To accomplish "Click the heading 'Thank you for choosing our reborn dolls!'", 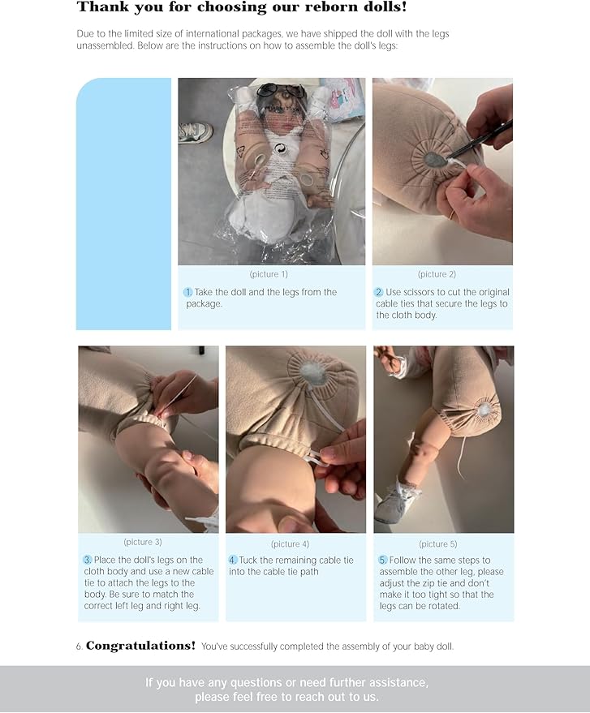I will [241, 8].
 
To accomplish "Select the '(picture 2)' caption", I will [437, 274].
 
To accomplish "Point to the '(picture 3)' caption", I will [143, 542].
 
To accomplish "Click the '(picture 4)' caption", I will [290, 543].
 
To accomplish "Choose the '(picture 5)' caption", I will [437, 543].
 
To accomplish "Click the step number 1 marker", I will [187, 292].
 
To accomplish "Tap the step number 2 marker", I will [378, 292].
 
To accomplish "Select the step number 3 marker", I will [88, 560].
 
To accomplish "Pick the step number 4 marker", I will [233, 560].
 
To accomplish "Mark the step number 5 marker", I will [382, 560].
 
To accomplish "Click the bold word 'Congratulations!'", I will [140, 646].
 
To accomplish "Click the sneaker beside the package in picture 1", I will [195, 131].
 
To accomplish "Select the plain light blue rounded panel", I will [123, 204].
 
